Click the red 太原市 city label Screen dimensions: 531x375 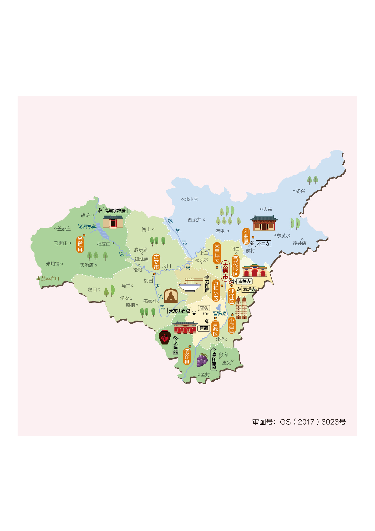(225, 271)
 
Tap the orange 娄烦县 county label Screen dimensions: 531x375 (80, 245)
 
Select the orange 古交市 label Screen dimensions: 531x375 (156, 262)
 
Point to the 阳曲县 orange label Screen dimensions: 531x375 (246, 236)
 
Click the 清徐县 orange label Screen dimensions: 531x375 (187, 356)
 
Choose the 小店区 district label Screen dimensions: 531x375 (232, 325)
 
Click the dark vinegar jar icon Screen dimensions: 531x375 (165, 337)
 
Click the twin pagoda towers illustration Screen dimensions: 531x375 (241, 307)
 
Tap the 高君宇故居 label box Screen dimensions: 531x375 (115, 211)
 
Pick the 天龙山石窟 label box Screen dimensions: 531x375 (179, 311)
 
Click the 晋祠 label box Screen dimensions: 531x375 (204, 328)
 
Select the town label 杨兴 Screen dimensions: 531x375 (300, 191)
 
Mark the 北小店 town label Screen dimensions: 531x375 (191, 199)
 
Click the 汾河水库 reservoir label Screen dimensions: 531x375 (87, 226)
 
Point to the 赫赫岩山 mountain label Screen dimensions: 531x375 (50, 278)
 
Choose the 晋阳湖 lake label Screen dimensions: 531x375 (220, 314)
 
